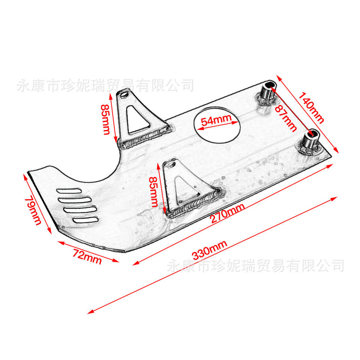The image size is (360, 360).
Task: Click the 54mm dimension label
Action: pos(216,121)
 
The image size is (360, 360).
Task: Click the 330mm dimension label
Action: pos(210,251)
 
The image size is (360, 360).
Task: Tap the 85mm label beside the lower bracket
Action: pos(153,192)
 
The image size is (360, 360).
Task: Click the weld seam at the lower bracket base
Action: pos(195,204)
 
